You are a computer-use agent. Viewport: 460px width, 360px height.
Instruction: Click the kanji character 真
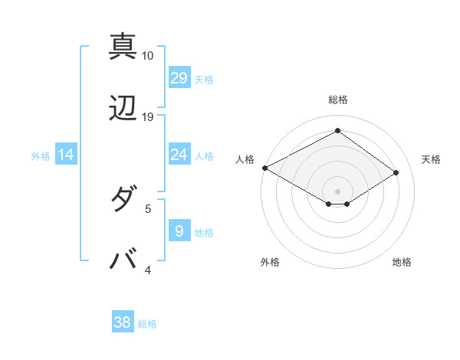click(x=123, y=46)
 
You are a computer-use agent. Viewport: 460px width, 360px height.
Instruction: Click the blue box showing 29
click(x=179, y=78)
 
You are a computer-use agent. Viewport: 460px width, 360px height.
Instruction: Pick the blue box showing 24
click(x=179, y=155)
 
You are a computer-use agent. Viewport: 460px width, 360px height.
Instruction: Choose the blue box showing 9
click(x=179, y=231)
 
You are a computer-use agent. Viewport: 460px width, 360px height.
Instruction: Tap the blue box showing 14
click(x=66, y=155)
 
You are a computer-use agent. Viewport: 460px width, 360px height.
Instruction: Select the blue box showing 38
click(x=123, y=322)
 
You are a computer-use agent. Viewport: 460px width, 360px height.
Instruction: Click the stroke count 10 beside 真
click(x=148, y=56)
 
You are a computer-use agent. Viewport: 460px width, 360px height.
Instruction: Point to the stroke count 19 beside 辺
click(x=148, y=117)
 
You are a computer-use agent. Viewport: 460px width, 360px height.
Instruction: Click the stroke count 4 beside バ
click(x=148, y=270)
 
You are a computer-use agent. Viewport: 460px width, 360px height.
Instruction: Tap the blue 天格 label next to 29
click(x=204, y=79)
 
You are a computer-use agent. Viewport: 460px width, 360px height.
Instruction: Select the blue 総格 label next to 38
click(x=147, y=324)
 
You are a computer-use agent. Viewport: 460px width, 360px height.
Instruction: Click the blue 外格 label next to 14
click(x=41, y=156)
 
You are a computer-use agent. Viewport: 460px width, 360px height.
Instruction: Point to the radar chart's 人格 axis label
click(x=245, y=159)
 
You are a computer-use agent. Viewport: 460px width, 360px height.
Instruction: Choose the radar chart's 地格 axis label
click(x=402, y=262)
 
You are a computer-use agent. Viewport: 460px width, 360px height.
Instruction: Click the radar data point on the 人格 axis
click(x=264, y=168)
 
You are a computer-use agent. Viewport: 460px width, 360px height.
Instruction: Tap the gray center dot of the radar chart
click(x=337, y=191)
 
